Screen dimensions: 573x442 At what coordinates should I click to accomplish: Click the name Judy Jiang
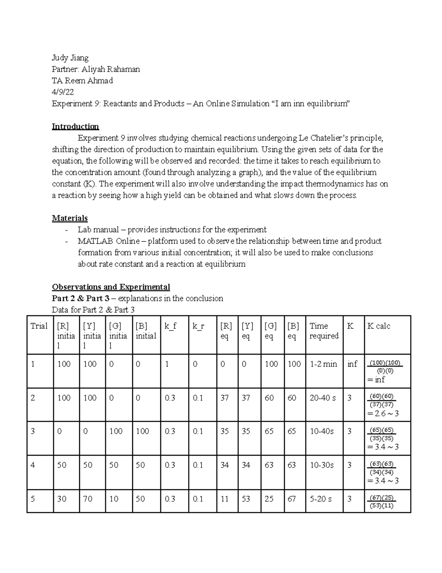coord(70,58)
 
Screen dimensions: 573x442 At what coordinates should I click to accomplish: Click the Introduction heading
coord(75,127)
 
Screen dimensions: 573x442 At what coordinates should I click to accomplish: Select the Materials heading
coord(70,218)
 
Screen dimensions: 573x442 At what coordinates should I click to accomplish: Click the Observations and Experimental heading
coord(111,287)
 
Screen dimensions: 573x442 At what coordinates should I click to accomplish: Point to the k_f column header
coord(171,326)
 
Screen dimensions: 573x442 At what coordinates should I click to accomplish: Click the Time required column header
coord(324,331)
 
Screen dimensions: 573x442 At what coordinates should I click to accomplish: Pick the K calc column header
coord(379,326)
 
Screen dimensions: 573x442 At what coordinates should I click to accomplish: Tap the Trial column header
coord(39,326)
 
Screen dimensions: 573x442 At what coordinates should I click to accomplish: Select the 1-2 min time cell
coord(323,364)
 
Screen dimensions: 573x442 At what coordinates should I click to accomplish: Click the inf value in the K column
coord(352,364)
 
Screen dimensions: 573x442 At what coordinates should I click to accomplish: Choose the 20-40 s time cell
coord(323,398)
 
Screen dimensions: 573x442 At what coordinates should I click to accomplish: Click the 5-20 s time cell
coord(320,499)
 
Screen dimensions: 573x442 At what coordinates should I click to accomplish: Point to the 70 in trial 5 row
coord(88,499)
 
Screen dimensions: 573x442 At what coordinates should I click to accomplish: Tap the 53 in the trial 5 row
coord(246,499)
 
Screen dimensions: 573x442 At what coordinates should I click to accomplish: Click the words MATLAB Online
coord(109,241)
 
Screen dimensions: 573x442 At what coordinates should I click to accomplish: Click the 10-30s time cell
coord(322,465)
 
